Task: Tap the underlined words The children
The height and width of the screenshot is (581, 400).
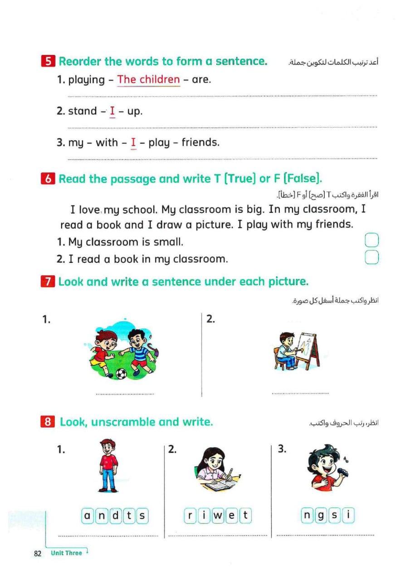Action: click(x=148, y=80)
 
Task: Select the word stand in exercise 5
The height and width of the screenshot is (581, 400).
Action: click(x=82, y=111)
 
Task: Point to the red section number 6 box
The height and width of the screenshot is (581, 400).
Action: click(x=48, y=179)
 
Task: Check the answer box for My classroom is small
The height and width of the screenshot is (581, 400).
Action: click(x=371, y=241)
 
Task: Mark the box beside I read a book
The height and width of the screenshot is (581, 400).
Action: click(x=371, y=257)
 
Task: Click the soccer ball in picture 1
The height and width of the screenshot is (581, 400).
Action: click(x=121, y=373)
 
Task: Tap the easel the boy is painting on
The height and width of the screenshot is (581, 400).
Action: click(x=310, y=348)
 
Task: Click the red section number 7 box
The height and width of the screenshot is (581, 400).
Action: click(x=48, y=282)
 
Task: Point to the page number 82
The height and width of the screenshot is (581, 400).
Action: click(x=38, y=553)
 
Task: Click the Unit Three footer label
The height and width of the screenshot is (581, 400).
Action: click(x=67, y=553)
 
